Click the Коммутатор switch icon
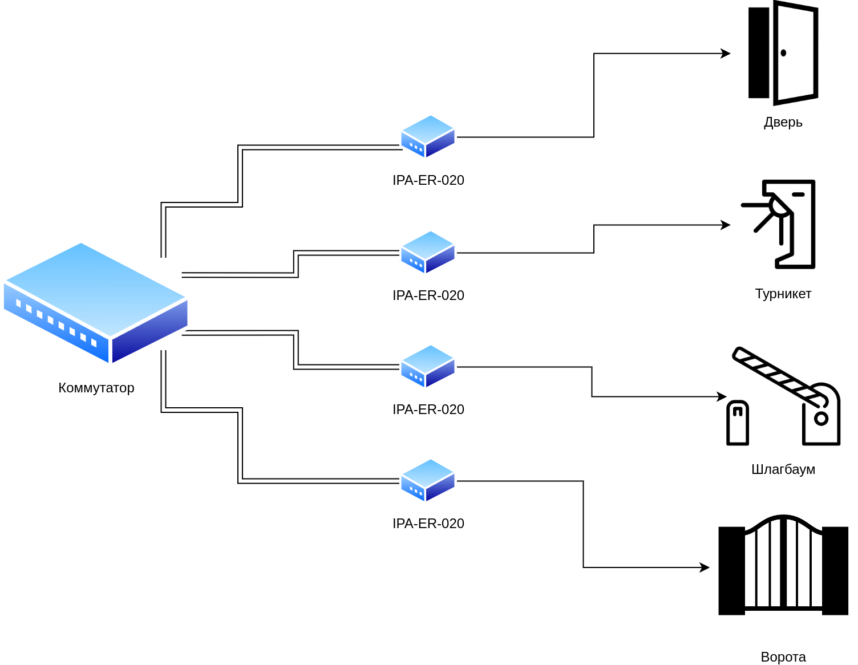coord(96,303)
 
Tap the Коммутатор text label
coord(96,388)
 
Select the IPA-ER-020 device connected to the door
coord(428,137)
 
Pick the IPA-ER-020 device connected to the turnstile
coord(428,253)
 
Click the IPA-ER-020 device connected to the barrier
coord(428,367)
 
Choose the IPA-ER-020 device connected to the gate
coord(428,481)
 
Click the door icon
coord(783,53)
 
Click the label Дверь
coord(783,122)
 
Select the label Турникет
coord(783,294)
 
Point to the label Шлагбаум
coord(783,469)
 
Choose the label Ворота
coord(783,657)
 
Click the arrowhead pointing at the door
coord(726,54)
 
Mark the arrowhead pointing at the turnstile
coord(726,225)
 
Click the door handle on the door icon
coord(783,53)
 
